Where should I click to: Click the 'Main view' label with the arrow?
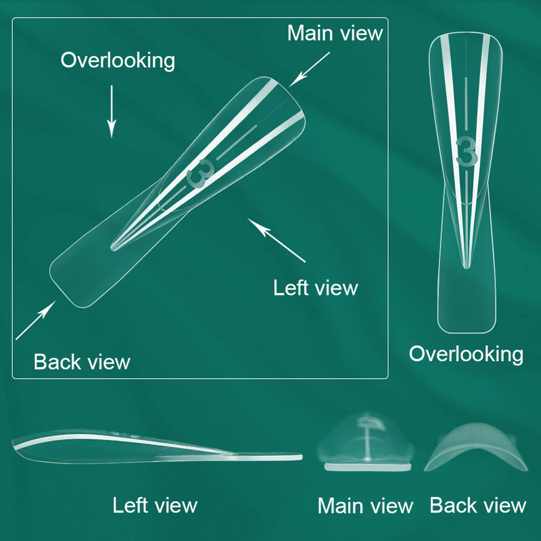point(335,33)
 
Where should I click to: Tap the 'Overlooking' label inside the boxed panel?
point(118,61)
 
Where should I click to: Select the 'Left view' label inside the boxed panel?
point(315,288)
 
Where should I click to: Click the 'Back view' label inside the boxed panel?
point(82,362)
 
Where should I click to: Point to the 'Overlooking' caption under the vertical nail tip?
point(466,355)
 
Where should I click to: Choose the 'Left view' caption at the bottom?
point(155,506)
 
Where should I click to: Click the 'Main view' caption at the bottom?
point(366,506)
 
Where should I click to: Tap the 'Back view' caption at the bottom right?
point(478,506)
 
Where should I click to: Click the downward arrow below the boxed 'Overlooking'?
point(111,111)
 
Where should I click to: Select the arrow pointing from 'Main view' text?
point(309,69)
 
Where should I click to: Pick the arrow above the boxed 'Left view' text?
point(276,240)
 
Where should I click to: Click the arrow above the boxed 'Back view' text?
point(35,320)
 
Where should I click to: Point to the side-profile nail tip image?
point(157,446)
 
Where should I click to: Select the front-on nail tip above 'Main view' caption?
point(366,442)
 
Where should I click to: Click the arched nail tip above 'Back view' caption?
point(476,445)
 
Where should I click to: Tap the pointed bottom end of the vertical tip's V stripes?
point(466,267)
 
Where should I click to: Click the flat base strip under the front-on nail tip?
point(368,467)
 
